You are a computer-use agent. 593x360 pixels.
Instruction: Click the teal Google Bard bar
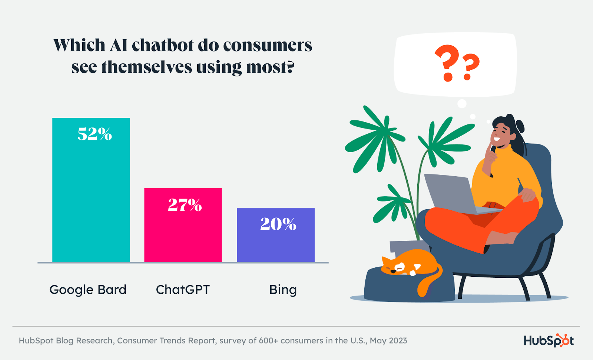91,196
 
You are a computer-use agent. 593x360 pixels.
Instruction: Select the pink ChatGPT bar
183,233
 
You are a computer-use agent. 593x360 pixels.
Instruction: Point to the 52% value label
95,134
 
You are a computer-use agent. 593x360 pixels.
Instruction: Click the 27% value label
185,205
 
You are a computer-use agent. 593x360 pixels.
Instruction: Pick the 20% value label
278,224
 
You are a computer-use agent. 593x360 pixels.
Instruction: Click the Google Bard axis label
88,290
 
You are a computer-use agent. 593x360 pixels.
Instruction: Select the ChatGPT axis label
183,290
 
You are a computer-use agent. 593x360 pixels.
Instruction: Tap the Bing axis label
283,290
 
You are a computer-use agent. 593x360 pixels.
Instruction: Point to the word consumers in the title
267,45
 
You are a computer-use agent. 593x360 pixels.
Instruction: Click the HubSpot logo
549,340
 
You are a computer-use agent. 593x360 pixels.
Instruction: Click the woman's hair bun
520,126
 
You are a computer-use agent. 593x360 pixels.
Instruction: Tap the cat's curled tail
430,283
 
